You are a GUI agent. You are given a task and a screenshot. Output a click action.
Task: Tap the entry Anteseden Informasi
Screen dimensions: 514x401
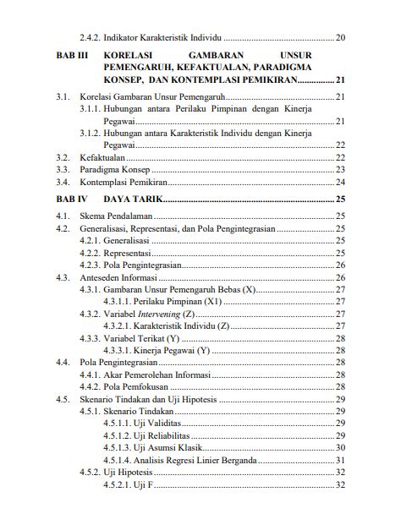(118, 277)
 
